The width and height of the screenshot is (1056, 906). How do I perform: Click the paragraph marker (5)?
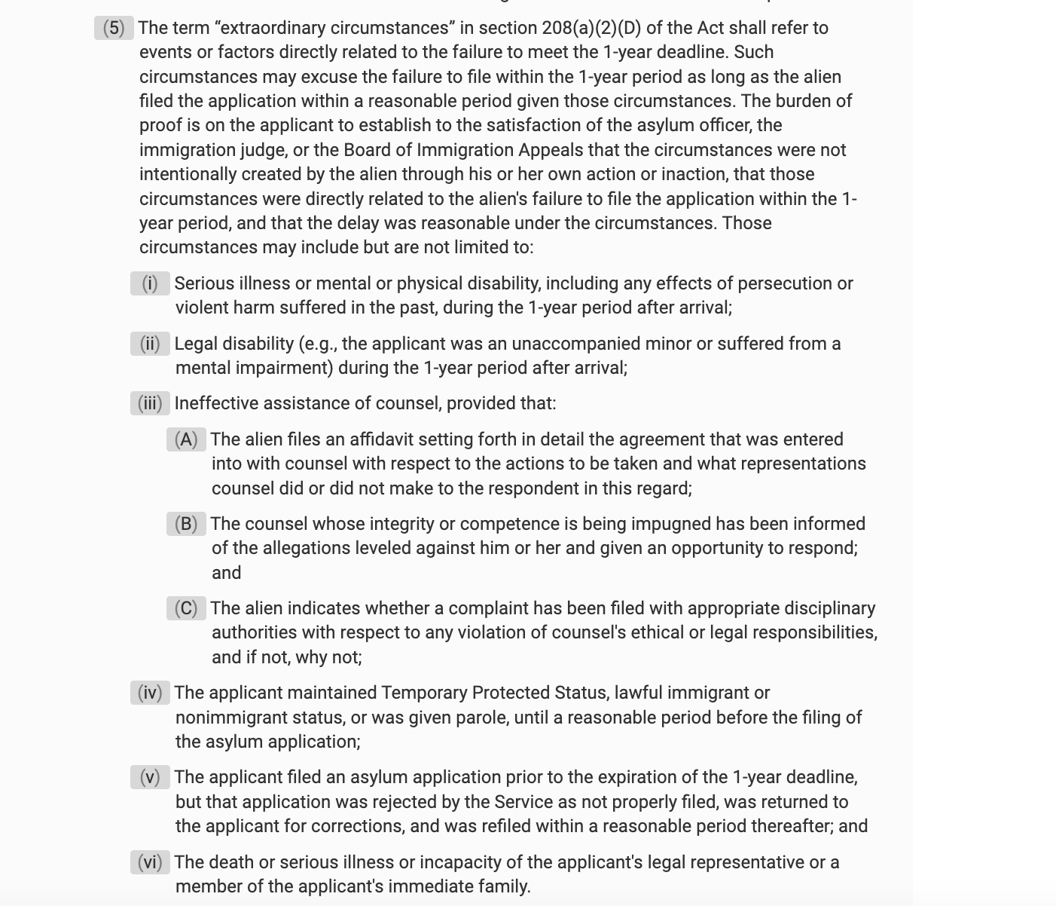coord(114,28)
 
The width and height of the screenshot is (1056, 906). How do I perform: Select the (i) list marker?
coord(150,283)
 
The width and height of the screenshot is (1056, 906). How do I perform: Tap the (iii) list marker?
coord(150,403)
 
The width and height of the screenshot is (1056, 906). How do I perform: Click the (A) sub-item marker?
coord(186,439)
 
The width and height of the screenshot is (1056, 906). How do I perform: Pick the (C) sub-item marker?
coord(186,608)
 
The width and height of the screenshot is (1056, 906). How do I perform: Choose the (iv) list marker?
coord(150,693)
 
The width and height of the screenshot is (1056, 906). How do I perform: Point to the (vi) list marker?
coord(150,862)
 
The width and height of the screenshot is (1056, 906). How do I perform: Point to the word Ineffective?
coord(217,403)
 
